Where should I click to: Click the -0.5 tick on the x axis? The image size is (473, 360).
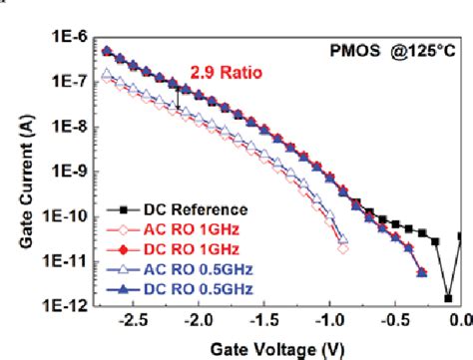click(x=397, y=321)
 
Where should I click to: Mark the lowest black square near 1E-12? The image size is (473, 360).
click(x=449, y=297)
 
